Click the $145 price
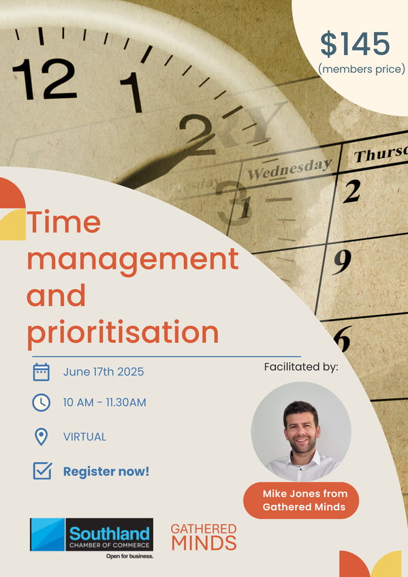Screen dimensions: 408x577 [355, 44]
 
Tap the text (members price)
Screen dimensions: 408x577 [362, 69]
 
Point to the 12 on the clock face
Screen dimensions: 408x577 [44, 79]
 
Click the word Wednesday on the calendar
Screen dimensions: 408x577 [290, 169]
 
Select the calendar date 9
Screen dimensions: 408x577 [342, 262]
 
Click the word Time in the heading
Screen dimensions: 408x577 [63, 222]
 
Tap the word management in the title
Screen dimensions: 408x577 [133, 260]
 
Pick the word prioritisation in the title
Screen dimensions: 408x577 [123, 333]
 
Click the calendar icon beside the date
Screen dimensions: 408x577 [41, 372]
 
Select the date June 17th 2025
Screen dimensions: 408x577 [104, 372]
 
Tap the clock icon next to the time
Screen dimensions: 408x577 [41, 403]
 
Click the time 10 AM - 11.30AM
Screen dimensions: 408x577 [104, 402]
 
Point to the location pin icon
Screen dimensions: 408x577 [41, 437]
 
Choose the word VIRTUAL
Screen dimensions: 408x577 [84, 437]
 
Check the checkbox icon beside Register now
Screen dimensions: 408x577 [43, 471]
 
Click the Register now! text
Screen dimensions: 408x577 [106, 471]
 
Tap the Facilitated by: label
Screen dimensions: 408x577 [301, 367]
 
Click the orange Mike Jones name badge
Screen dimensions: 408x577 [301, 501]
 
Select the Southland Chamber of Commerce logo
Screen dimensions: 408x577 [91, 538]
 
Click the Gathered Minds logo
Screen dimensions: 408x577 [204, 537]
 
